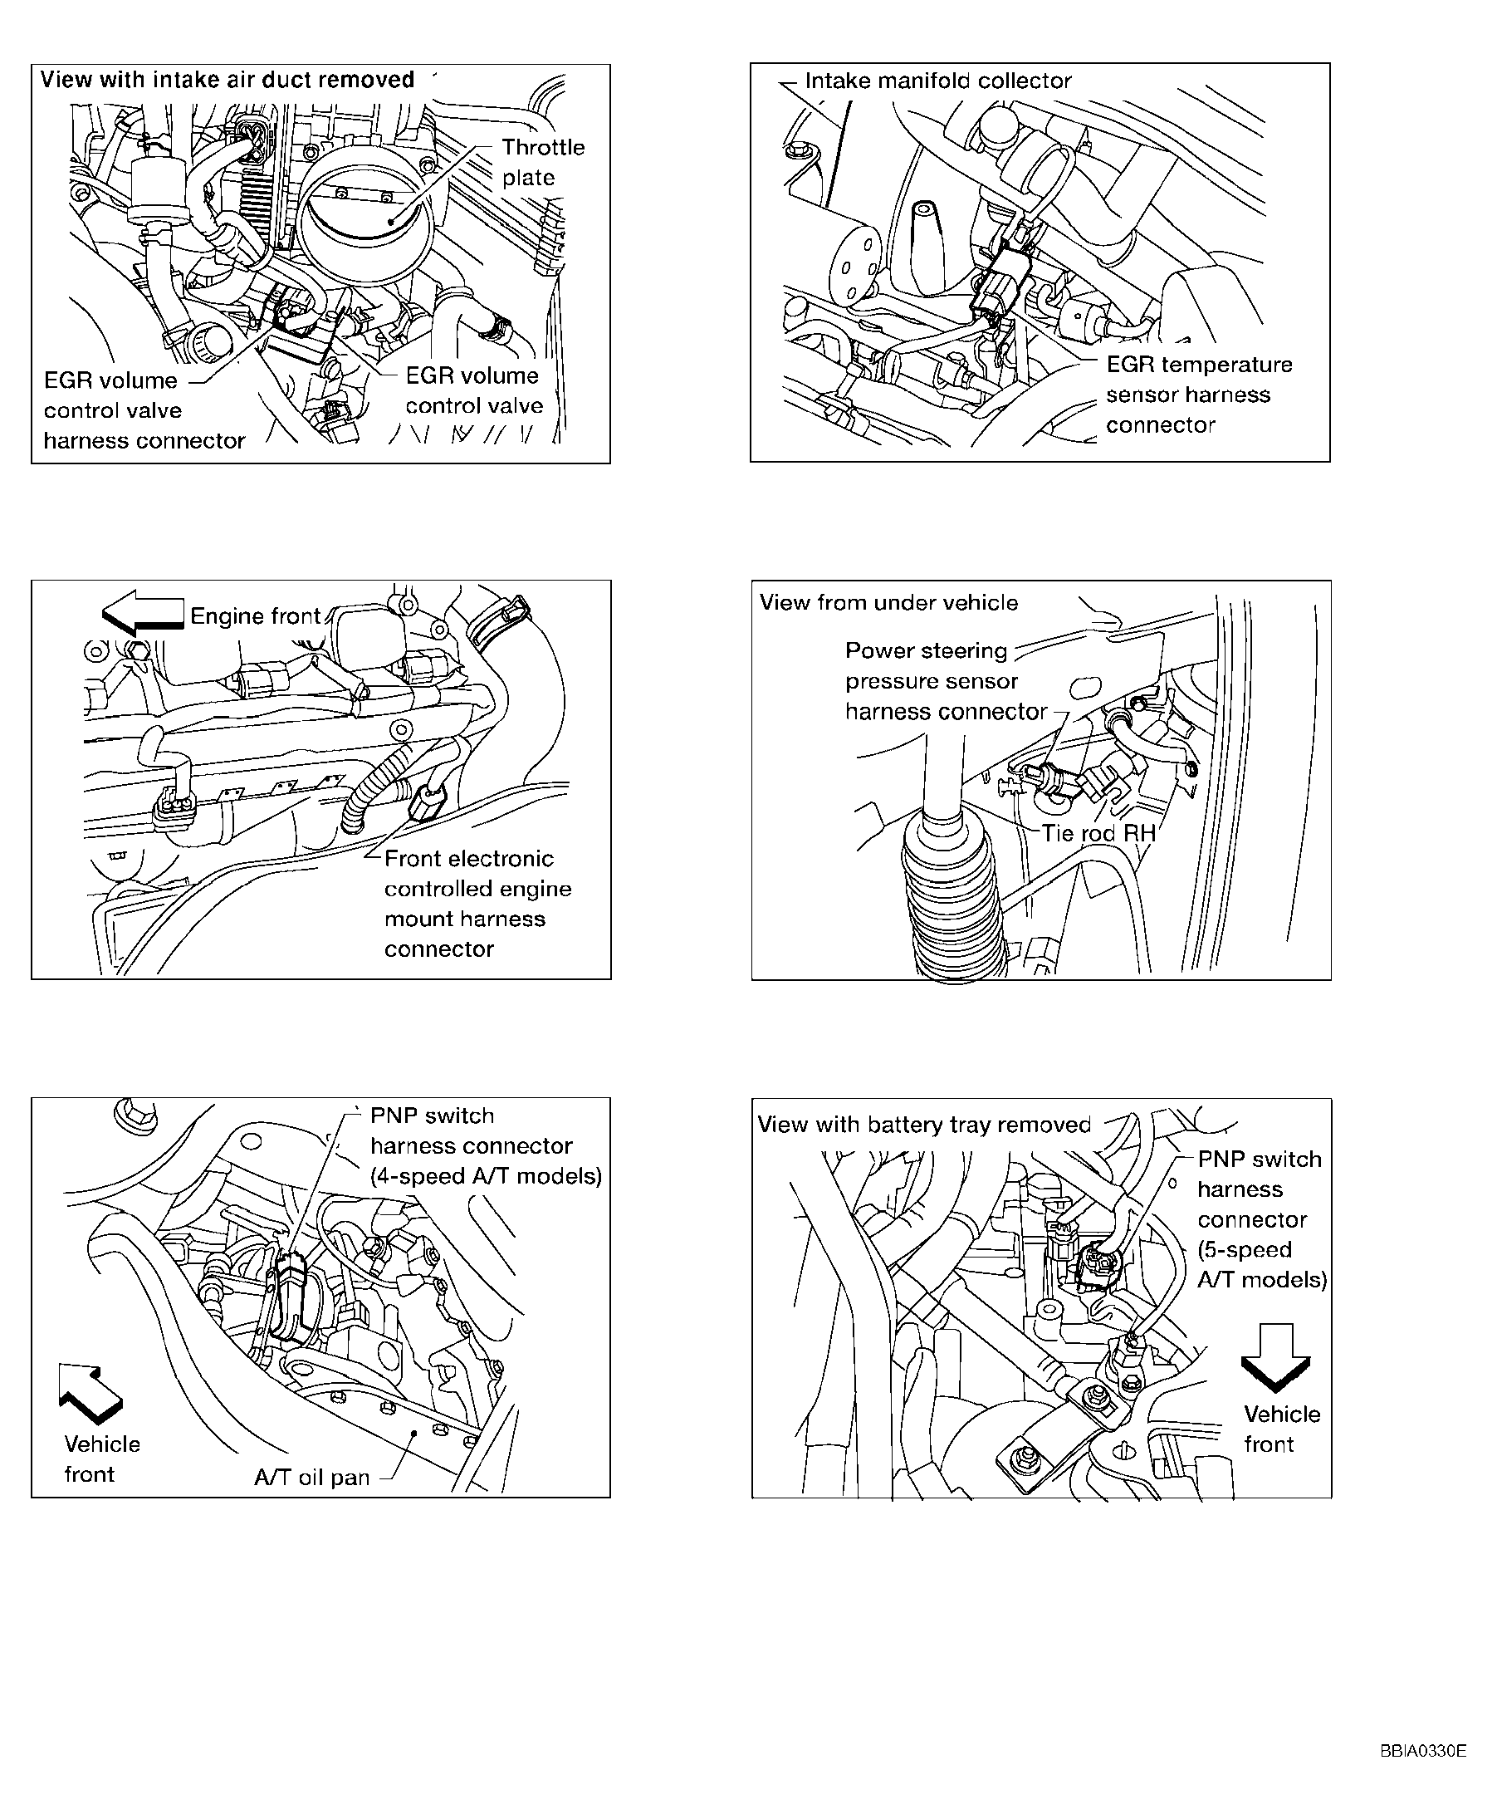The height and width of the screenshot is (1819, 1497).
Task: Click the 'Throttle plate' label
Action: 542,162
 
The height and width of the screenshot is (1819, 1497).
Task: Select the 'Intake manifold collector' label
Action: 937,81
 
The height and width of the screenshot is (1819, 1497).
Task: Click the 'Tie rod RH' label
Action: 1098,833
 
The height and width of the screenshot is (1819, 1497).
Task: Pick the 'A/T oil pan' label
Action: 311,1478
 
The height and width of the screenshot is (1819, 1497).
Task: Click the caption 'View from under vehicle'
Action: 888,603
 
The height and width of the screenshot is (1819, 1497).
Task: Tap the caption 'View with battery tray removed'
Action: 923,1125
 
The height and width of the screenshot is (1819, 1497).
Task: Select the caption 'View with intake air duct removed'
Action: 227,81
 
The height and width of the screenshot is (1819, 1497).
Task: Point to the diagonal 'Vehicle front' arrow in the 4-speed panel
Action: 89,1392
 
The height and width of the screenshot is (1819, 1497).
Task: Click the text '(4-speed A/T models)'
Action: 486,1176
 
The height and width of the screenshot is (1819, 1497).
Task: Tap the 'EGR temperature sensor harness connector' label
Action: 1198,395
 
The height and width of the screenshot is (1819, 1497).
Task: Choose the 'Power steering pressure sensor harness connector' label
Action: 945,681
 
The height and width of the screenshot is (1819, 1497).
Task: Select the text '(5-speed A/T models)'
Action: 1260,1264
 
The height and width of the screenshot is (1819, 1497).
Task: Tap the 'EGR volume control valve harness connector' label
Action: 143,410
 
